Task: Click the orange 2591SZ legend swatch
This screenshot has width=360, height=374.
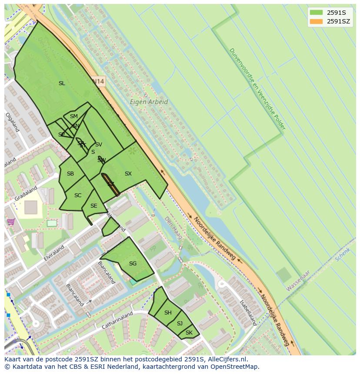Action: [316, 21]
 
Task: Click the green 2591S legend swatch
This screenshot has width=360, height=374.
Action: [316, 13]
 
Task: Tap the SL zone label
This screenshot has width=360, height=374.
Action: [62, 83]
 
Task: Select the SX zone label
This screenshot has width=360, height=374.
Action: [128, 174]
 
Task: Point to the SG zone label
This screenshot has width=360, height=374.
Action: [133, 263]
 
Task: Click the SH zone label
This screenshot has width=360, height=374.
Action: [168, 313]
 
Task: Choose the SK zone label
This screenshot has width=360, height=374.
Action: [189, 333]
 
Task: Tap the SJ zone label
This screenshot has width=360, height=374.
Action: [180, 323]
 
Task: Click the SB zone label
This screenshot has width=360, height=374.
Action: [70, 174]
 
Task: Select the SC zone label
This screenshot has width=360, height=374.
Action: [78, 195]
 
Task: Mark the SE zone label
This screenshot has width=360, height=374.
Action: [93, 206]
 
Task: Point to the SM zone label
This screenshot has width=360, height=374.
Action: [74, 116]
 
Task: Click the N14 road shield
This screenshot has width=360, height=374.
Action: [99, 81]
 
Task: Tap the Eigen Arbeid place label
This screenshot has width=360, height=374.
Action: [149, 102]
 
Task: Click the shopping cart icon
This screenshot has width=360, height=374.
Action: [11, 222]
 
